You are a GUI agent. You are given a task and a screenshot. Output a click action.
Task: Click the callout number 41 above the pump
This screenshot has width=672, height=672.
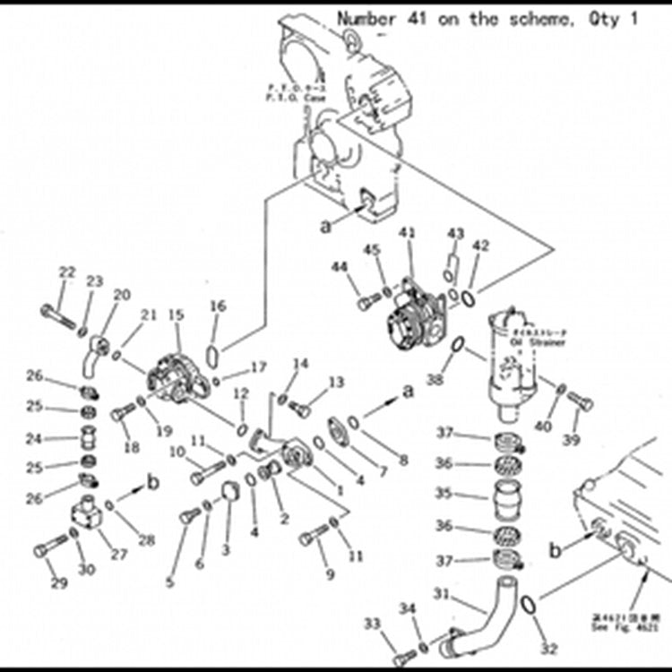click(x=408, y=234)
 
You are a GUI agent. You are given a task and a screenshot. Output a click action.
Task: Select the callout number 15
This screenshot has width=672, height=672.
click(x=176, y=315)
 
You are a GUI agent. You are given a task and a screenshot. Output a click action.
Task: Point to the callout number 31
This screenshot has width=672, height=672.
click(x=441, y=592)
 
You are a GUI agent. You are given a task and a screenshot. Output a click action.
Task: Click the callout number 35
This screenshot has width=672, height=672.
click(x=444, y=493)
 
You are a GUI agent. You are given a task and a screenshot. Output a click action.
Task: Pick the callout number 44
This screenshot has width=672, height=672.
click(x=340, y=267)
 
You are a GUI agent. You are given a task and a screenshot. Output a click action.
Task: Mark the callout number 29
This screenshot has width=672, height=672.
click(x=59, y=584)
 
